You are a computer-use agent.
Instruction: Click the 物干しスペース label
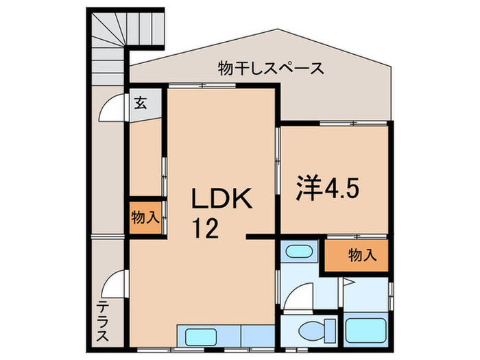click(271, 68)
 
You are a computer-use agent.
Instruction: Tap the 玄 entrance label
click(140, 104)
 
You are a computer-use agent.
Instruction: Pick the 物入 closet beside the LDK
click(145, 218)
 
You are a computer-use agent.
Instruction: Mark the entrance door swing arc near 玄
click(112, 108)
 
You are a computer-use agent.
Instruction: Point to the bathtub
click(365, 331)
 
